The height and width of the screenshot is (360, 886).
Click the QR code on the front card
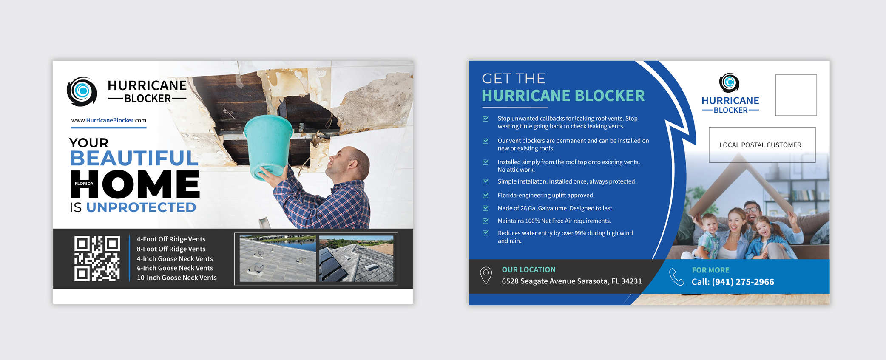pyautogui.click(x=97, y=258)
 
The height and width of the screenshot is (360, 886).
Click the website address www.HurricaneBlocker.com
pyautogui.click(x=109, y=120)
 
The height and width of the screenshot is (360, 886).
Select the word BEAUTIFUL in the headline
pyautogui.click(x=134, y=158)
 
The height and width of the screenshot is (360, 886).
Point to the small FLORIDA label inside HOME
pyautogui.click(x=84, y=184)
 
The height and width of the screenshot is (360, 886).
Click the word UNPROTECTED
pyautogui.click(x=141, y=207)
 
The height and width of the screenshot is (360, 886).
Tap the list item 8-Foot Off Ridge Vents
pyautogui.click(x=171, y=249)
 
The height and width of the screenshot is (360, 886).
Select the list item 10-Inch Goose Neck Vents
pyautogui.click(x=176, y=278)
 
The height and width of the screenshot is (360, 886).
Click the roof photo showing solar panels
pyautogui.click(x=356, y=258)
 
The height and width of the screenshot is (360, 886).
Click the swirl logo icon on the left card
pyautogui.click(x=82, y=91)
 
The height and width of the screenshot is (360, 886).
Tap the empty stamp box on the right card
pyautogui.click(x=796, y=95)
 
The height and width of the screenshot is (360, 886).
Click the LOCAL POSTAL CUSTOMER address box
pyautogui.click(x=762, y=145)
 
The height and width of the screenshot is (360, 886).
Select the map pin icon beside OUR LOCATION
pyautogui.click(x=486, y=276)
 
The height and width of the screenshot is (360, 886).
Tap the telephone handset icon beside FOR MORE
pyautogui.click(x=676, y=277)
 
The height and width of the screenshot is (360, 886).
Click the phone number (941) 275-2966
pyautogui.click(x=743, y=282)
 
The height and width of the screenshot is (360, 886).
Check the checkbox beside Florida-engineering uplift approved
pyautogui.click(x=486, y=196)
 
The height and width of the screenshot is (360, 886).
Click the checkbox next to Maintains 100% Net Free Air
pyautogui.click(x=486, y=221)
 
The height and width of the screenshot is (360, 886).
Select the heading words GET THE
pyautogui.click(x=514, y=79)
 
